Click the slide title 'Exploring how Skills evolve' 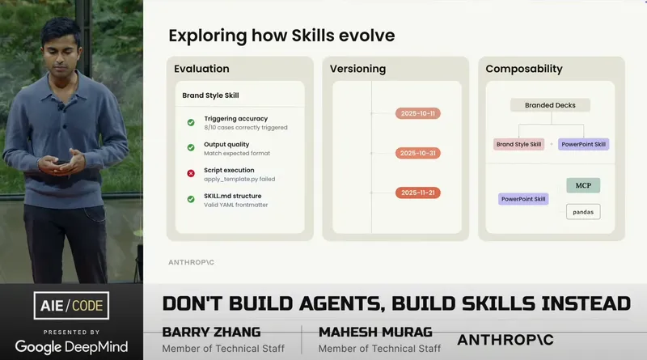(x=281, y=36)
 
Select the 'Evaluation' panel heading (x=202, y=69)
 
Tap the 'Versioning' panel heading (x=357, y=69)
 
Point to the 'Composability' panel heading (x=523, y=69)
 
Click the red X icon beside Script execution (x=191, y=173)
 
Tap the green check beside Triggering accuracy (x=191, y=123)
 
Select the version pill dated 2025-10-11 (x=417, y=113)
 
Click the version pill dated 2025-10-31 (x=417, y=153)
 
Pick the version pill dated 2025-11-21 (x=417, y=193)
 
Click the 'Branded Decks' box (x=550, y=105)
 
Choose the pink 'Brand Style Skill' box (x=518, y=144)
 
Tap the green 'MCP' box (x=583, y=185)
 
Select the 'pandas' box (x=583, y=212)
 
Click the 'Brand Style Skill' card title (x=210, y=95)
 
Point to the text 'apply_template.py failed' (x=239, y=179)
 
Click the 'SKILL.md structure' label (x=232, y=196)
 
